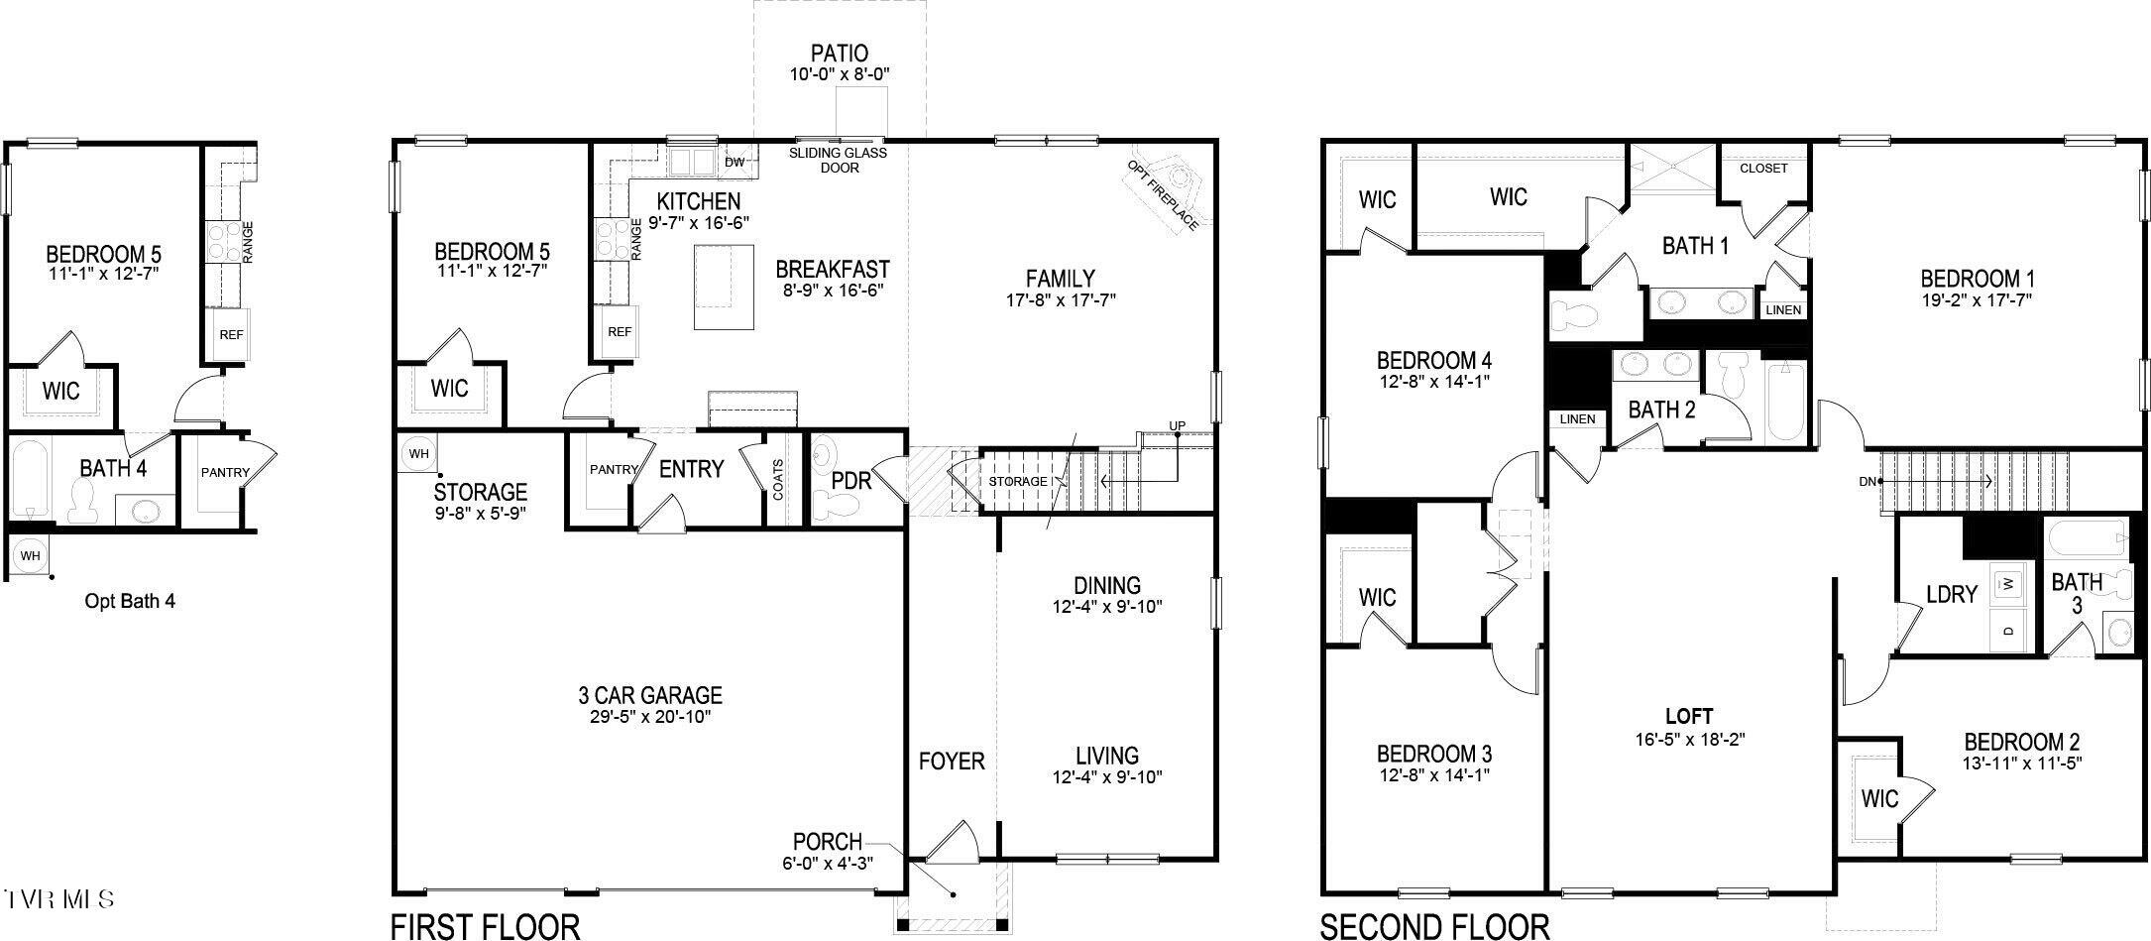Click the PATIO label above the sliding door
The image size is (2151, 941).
point(839,53)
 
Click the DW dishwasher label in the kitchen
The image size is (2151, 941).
point(735,162)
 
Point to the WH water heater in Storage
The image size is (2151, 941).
point(418,454)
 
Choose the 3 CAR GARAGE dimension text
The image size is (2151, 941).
point(649,716)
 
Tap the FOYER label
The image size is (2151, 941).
point(951,761)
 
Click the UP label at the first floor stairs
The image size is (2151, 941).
point(1177,426)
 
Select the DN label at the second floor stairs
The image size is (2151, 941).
point(1867,482)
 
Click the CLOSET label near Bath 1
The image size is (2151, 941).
point(1763,169)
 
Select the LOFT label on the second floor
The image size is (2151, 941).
point(1689,716)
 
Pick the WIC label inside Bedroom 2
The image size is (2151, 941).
point(1878,798)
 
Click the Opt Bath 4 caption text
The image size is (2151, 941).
point(130,601)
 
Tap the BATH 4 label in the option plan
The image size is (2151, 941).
point(113,468)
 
